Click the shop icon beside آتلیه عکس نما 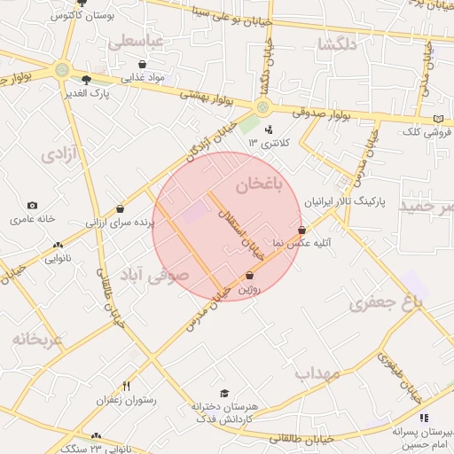click(x=303, y=230)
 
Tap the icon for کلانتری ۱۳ click(x=269, y=129)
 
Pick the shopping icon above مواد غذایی click(x=143, y=65)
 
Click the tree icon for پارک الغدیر click(x=86, y=80)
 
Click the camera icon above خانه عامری click(x=32, y=206)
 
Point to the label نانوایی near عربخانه click(x=58, y=259)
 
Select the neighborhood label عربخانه click(x=38, y=339)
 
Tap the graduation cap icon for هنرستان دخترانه click(x=224, y=393)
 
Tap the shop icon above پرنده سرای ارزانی click(x=120, y=209)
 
